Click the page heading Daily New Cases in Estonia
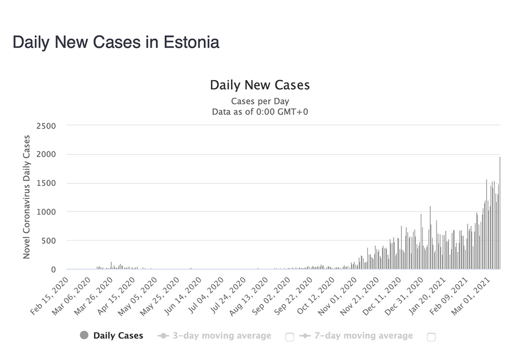tap(116, 43)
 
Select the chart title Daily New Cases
tap(260, 85)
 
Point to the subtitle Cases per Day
tap(260, 101)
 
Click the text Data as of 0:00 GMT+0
tap(260, 111)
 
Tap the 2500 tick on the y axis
tap(46, 126)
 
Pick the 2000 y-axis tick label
tap(46, 155)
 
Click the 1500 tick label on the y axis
tap(46, 183)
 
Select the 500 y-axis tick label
tap(48, 241)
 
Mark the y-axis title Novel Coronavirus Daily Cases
tap(27, 197)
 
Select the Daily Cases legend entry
tap(118, 336)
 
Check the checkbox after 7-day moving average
tap(431, 337)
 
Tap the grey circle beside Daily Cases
tap(84, 336)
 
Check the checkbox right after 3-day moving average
tap(289, 337)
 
